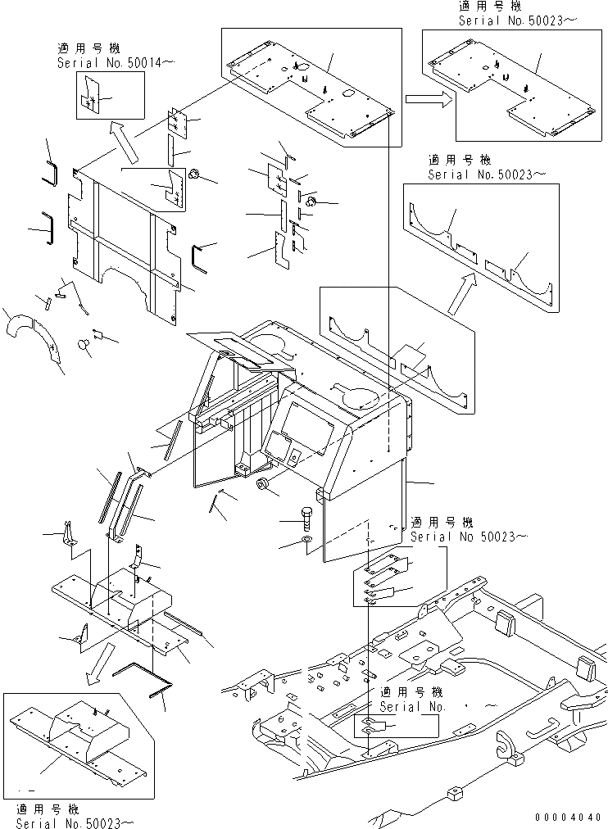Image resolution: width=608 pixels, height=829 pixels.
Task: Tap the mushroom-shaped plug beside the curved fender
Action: click(84, 346)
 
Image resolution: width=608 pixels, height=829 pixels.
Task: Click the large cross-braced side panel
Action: click(123, 238)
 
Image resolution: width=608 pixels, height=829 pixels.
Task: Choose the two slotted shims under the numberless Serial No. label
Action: click(370, 726)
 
